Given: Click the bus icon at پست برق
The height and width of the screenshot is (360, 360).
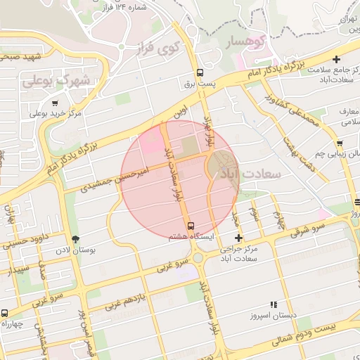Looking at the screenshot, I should (200, 72).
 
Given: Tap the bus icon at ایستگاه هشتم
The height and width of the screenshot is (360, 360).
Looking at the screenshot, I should (191, 226).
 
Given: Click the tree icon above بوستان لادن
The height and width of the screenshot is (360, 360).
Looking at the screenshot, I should (75, 239).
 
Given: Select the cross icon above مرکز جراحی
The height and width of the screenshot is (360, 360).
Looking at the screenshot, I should (238, 238).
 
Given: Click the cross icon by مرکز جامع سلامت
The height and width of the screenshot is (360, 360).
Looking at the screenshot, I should (337, 60).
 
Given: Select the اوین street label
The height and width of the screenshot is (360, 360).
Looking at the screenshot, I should (181, 112).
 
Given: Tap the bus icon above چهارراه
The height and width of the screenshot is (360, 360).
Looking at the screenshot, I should (5, 313).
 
